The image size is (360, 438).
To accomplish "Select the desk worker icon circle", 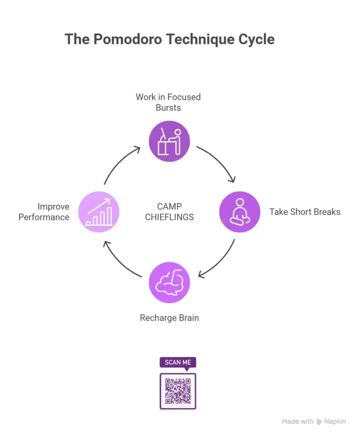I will coord(169,141).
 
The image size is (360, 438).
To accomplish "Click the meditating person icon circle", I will coord(239,211).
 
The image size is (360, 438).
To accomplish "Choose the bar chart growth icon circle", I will coord(99,211).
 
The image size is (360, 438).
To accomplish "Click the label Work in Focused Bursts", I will coord(168,102).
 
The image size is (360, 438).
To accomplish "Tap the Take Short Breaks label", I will coord(305,212).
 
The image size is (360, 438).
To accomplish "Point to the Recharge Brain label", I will coord(169,318).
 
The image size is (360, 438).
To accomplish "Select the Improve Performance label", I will coord(44,212).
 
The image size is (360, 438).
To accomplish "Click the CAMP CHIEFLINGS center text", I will coord(169,212).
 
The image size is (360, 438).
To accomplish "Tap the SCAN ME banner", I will coord(178,362).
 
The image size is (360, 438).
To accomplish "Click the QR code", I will coord(178,391).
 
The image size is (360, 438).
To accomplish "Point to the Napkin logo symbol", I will coord(319,422).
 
